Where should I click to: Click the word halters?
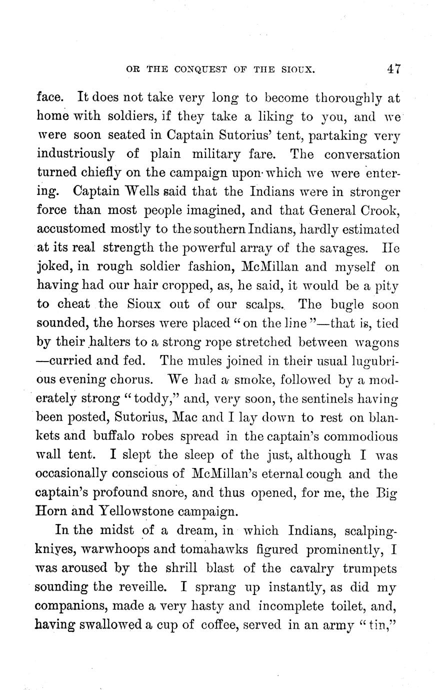pyautogui.click(x=83, y=342)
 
